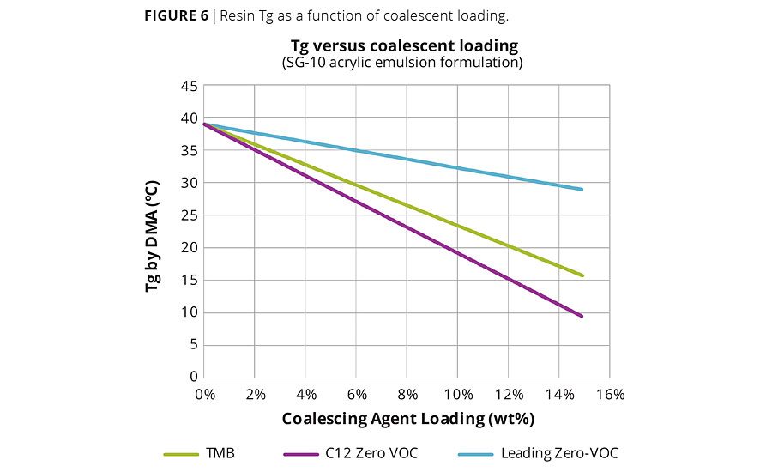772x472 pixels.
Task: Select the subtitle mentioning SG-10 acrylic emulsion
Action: coord(402,62)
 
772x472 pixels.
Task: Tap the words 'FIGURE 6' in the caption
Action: coord(176,16)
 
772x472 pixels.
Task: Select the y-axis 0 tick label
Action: coord(194,377)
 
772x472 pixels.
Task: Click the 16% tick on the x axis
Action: coord(610,394)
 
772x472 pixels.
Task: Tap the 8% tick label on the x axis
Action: coord(407,394)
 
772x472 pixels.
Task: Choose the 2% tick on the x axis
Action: coord(256,394)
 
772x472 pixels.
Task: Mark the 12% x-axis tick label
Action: coord(509,394)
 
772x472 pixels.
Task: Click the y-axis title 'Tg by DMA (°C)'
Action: coord(152,236)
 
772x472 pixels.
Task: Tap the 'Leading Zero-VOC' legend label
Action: coord(558,453)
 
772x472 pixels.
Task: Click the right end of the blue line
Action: coord(582,190)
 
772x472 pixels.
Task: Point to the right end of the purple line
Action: coord(582,316)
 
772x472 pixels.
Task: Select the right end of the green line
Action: coord(582,275)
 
